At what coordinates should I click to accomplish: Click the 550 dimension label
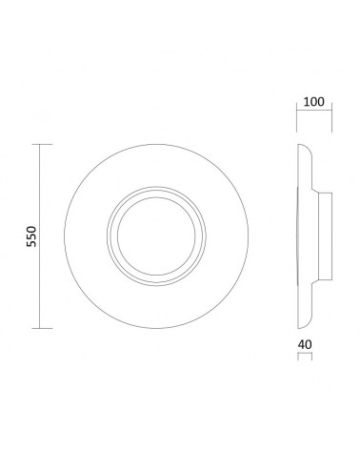31,236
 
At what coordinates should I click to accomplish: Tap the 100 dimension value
314,102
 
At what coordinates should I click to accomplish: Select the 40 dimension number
305,344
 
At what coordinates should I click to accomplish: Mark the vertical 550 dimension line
39,236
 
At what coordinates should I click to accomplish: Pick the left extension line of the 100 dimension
297,117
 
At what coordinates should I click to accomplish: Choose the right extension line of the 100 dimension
331,117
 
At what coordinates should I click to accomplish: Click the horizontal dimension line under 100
314,110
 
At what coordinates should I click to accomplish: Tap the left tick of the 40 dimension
298,357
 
